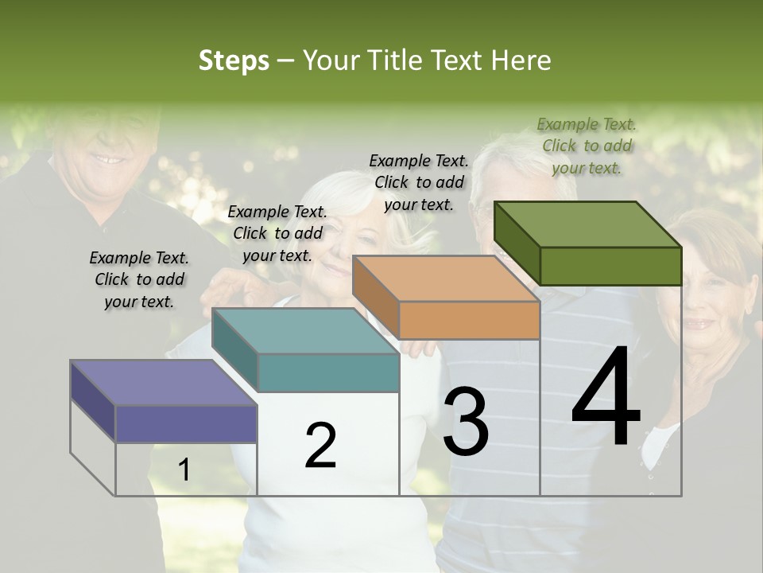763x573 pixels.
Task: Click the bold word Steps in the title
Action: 234,60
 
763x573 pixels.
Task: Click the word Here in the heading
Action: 521,60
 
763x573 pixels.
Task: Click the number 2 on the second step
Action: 320,445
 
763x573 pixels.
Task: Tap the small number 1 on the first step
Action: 184,470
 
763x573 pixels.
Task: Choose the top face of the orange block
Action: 445,279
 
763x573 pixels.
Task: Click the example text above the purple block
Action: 139,280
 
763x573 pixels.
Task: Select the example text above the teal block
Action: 277,233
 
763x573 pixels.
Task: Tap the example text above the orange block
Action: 419,182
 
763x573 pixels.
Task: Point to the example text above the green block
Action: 587,146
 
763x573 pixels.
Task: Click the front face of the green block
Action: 610,266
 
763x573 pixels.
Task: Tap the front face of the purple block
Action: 186,423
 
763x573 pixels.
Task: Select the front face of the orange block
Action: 469,320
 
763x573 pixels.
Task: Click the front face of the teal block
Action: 328,372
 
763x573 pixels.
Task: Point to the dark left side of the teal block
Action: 236,350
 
